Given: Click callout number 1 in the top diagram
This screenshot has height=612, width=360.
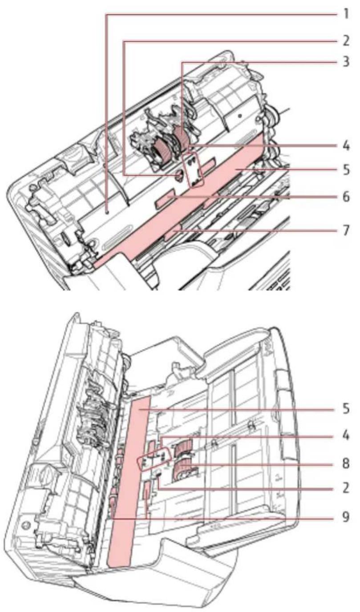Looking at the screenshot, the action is click(x=346, y=14).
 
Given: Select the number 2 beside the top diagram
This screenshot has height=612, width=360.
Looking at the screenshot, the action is click(x=346, y=41).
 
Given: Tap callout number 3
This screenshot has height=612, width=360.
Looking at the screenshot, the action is click(x=346, y=62).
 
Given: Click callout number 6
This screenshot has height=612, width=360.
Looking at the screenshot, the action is click(x=346, y=197).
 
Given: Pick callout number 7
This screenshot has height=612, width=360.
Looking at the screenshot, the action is click(x=346, y=230).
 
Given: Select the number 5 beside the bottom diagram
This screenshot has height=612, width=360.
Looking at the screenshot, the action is click(x=346, y=409).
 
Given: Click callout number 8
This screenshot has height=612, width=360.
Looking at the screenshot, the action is click(x=346, y=463).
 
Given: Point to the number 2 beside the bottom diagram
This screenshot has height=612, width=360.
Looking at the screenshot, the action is click(x=346, y=488).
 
